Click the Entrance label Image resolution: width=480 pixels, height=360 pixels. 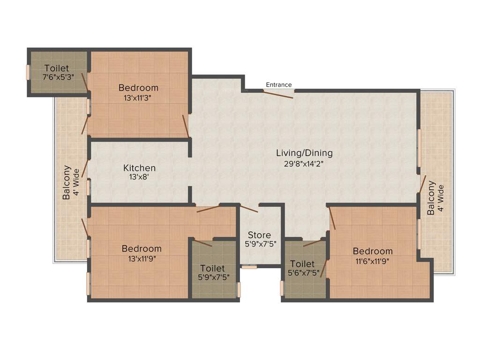[279, 85]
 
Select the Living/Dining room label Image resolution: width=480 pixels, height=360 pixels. [304, 153]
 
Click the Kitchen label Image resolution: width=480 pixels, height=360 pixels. [139, 168]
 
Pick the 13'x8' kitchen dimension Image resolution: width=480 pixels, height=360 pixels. [139, 178]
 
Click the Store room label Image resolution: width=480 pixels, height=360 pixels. [259, 235]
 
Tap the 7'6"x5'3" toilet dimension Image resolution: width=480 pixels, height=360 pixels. [57, 77]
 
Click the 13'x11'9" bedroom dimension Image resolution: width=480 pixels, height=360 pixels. [142, 259]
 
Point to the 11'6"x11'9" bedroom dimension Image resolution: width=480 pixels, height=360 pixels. [373, 261]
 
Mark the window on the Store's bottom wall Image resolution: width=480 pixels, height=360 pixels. [249, 267]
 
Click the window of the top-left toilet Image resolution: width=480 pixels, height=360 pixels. [28, 72]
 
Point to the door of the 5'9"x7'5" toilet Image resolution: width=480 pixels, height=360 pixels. [202, 243]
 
